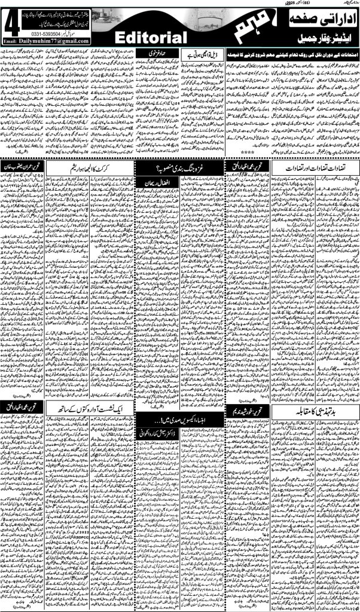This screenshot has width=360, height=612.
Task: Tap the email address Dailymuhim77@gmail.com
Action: (62, 41)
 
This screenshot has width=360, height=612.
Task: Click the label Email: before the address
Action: (13, 41)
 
